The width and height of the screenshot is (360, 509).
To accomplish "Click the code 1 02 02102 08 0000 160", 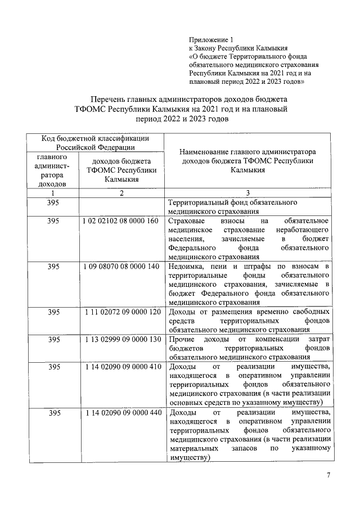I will click(x=121, y=221).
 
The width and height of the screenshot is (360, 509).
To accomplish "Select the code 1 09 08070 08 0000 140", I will click(x=121, y=265).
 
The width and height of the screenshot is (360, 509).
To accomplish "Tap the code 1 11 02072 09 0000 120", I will click(x=121, y=311).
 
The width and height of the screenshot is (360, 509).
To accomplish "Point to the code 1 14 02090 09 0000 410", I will click(x=121, y=367).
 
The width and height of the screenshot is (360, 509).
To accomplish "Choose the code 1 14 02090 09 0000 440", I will click(x=121, y=413).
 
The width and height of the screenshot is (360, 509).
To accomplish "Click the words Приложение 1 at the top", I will click(x=210, y=40).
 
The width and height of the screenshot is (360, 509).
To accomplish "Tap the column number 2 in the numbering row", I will click(x=121, y=193).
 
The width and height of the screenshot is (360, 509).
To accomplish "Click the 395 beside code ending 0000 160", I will click(x=53, y=221).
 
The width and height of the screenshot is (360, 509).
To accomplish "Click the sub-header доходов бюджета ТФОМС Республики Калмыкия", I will click(x=121, y=170).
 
